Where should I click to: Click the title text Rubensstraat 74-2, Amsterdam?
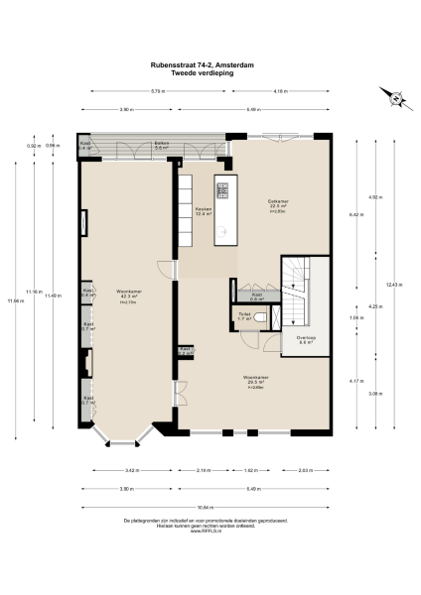[210, 66]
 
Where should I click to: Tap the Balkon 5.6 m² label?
[162, 146]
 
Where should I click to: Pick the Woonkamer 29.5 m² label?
[256, 379]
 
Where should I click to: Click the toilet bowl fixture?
[261, 316]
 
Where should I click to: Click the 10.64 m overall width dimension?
[210, 504]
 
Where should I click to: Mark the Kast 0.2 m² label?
[185, 351]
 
